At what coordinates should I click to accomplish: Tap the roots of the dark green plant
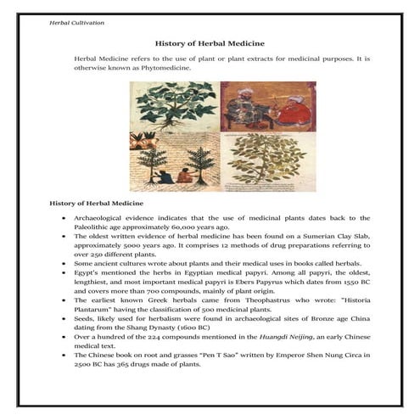[170, 126]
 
